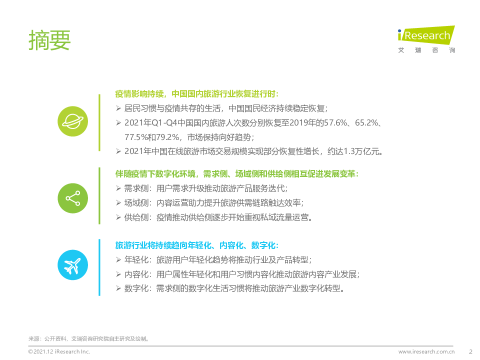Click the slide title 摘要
tap(49, 40)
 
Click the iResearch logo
tap(426, 39)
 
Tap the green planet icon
tap(73, 121)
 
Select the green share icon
tap(73, 198)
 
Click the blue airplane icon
tap(73, 265)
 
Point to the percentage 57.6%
tap(336, 123)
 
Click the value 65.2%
tap(366, 123)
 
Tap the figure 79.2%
tap(168, 137)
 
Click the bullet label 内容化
tap(136, 274)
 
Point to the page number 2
tap(471, 351)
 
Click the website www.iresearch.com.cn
tap(426, 351)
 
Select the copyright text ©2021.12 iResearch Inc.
tap(59, 351)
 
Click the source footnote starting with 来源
tap(88, 339)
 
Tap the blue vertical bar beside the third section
tap(99, 267)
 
